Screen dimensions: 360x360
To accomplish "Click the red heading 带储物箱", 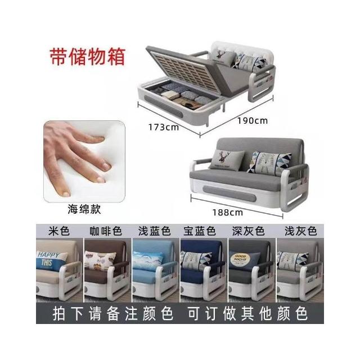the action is [88, 56].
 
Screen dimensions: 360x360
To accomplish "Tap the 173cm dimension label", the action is [164, 127].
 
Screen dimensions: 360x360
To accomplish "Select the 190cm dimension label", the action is [253, 120].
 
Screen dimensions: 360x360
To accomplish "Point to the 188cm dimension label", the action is [227, 213].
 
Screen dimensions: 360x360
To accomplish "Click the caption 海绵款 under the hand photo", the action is [84, 209].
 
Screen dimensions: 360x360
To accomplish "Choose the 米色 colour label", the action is [59, 231].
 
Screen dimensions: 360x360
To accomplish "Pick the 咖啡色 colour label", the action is [106, 231].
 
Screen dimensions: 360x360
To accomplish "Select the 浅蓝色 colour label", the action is [155, 231].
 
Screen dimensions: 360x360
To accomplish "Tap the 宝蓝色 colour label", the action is [200, 231].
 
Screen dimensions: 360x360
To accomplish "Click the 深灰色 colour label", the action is [248, 231].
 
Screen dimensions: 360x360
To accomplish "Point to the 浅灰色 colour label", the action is [301, 231].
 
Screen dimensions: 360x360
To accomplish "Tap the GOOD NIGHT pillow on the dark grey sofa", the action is [244, 260].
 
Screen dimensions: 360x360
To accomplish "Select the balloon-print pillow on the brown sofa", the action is [100, 260].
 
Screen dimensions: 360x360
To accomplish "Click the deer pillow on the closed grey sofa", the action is [227, 160].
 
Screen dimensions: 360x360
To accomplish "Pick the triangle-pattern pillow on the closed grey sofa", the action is [269, 163].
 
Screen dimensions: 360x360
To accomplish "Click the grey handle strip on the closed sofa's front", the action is [229, 193].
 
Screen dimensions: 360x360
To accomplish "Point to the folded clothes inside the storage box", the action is [186, 96].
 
